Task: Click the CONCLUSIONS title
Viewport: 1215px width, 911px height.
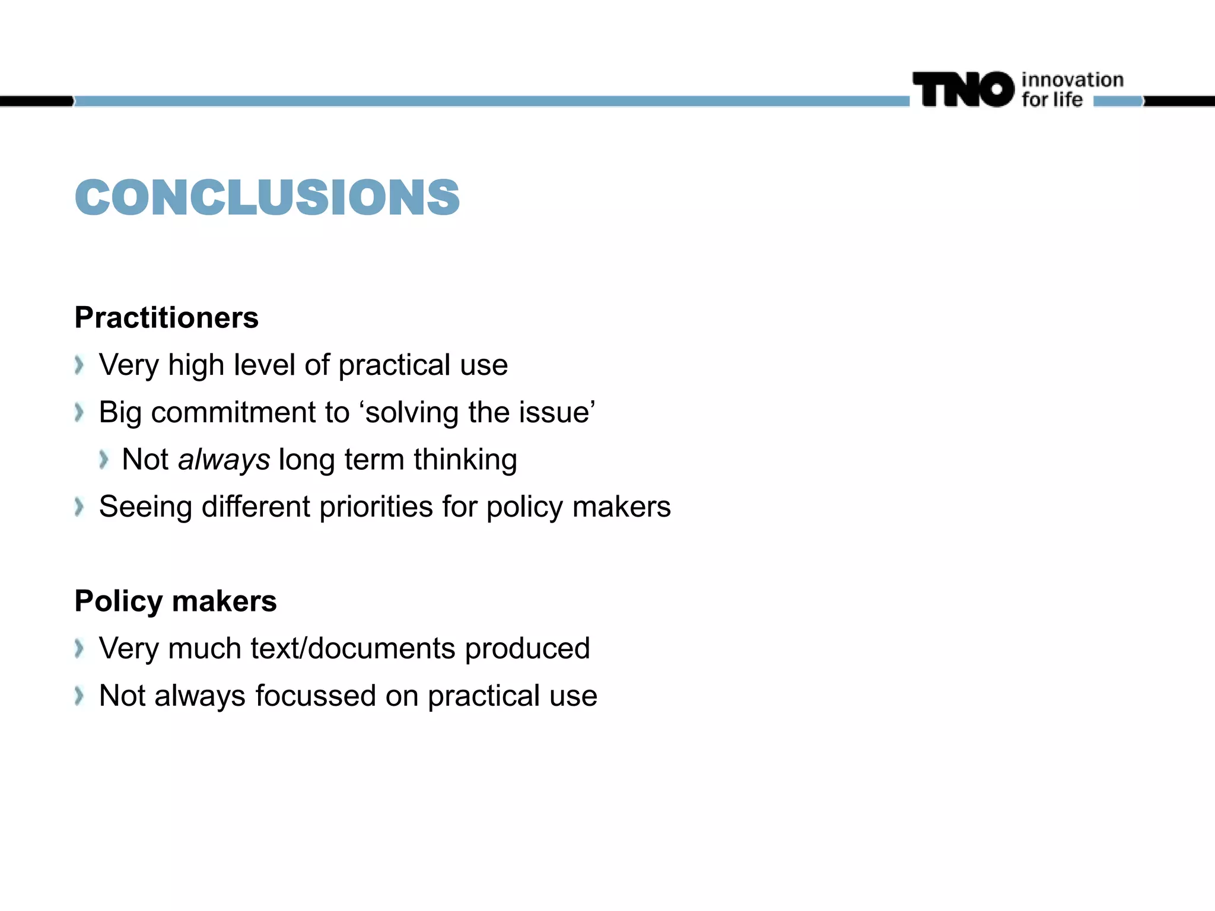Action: (x=267, y=197)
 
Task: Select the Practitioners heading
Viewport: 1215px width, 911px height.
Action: (x=167, y=317)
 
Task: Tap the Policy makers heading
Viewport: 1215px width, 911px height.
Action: (x=176, y=601)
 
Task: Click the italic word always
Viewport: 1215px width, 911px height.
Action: (x=224, y=460)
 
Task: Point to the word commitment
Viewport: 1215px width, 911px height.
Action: (x=250, y=412)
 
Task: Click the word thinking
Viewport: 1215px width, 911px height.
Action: (x=465, y=460)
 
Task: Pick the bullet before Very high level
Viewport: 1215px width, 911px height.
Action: (x=79, y=365)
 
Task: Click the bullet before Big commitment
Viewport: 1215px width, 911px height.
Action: (x=79, y=412)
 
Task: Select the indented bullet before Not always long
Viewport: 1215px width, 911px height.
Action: (x=104, y=460)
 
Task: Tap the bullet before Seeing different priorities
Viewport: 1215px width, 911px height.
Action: (x=79, y=507)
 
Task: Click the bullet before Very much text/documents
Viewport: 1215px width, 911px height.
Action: (x=79, y=648)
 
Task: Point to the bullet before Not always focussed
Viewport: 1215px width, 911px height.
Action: (x=79, y=696)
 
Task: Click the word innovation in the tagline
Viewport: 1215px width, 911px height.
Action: (x=1072, y=80)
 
